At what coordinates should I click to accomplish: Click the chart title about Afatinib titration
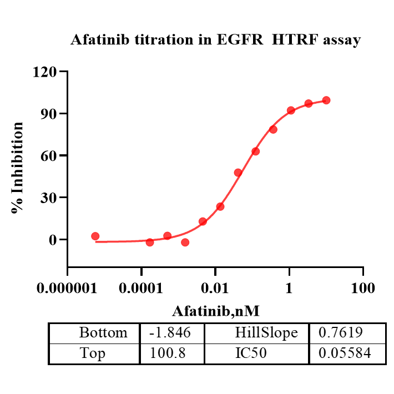click(216, 40)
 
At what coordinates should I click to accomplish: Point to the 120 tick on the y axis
click(46, 72)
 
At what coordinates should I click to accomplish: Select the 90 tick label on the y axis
click(50, 114)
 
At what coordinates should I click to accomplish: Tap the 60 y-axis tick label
click(50, 156)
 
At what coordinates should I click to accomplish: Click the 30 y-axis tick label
click(50, 198)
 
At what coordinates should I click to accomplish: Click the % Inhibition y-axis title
click(18, 168)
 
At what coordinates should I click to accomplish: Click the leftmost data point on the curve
click(95, 236)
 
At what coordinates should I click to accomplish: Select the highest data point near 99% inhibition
click(326, 100)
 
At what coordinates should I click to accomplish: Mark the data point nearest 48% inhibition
click(238, 173)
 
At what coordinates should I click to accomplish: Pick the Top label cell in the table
click(93, 353)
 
